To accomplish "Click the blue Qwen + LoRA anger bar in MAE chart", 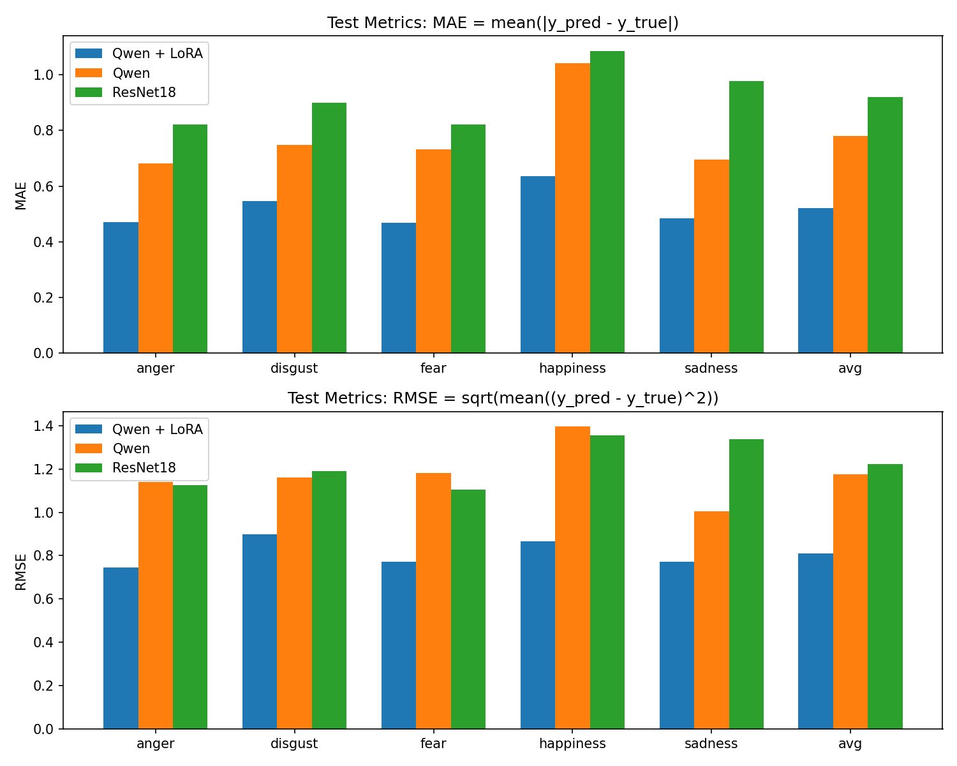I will tap(121, 287).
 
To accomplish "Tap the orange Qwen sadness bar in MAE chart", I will tap(711, 256).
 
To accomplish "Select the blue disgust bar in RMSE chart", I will tap(260, 631).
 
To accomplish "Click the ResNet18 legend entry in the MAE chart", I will tap(144, 93).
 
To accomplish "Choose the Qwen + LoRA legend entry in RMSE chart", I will tap(157, 430).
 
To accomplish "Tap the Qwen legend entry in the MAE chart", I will tap(131, 73).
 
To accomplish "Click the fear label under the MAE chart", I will tap(433, 368).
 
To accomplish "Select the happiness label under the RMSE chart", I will tap(572, 744).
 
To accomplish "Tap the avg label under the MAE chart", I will tap(850, 368).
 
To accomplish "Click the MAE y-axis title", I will tap(22, 195).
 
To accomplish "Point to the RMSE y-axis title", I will tap(22, 571).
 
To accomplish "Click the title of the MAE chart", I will tap(503, 23).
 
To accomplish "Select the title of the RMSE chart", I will tap(503, 398).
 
